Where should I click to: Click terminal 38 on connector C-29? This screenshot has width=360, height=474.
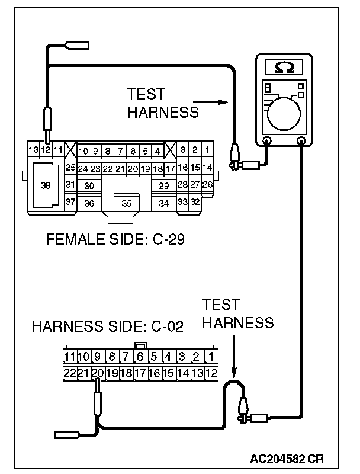point(45,185)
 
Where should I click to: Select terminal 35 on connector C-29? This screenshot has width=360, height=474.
point(126,203)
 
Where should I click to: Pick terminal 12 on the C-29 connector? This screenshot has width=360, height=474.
point(46,149)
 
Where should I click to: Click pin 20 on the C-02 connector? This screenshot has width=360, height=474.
point(98,373)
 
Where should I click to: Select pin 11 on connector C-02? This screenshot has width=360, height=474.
point(70,357)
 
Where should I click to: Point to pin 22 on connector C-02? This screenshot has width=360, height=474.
point(70,373)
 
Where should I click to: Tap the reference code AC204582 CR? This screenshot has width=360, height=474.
point(287,458)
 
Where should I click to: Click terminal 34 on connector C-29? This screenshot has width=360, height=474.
point(163,203)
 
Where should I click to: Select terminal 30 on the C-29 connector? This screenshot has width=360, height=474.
point(89,185)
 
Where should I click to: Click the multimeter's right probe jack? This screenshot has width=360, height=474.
point(301,141)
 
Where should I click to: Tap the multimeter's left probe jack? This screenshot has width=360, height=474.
point(267,141)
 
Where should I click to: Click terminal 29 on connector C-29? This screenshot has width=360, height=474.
point(163,185)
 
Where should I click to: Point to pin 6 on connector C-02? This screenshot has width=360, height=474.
point(140,357)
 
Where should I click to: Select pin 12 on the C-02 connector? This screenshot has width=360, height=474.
point(212,373)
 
